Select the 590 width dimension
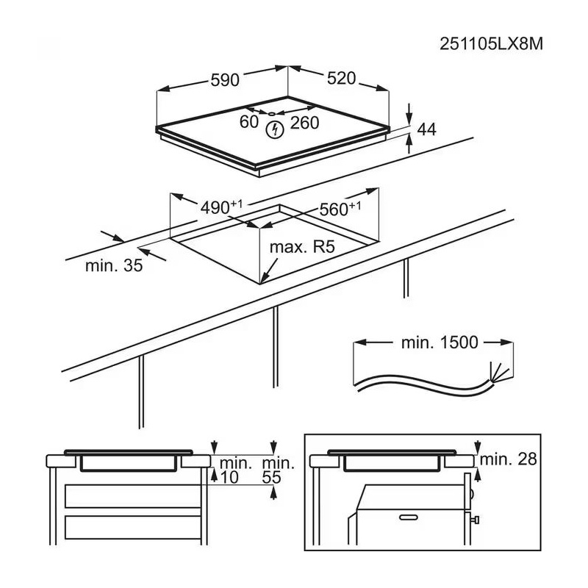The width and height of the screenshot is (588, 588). click(x=225, y=80)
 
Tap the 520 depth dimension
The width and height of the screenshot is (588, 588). click(x=341, y=78)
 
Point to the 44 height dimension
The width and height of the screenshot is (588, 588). click(x=426, y=129)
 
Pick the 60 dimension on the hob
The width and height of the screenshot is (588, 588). click(x=249, y=122)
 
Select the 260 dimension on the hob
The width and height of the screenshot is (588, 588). click(x=304, y=123)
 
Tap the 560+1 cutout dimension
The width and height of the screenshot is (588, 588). click(x=339, y=209)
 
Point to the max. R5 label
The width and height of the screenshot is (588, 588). click(x=301, y=248)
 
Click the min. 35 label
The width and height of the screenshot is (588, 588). click(x=113, y=266)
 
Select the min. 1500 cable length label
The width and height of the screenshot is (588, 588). click(x=440, y=342)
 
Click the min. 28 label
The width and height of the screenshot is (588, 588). click(x=509, y=459)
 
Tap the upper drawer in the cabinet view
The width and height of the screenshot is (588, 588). click(x=132, y=495)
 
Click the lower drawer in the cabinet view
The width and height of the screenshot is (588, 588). click(x=132, y=526)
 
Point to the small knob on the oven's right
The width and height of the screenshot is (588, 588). click(x=476, y=520)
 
